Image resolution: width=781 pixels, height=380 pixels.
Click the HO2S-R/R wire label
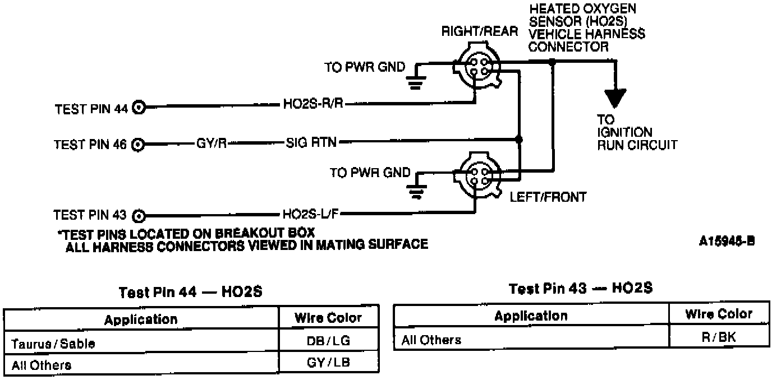point(312,104)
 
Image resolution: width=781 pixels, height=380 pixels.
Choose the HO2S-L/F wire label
point(310,214)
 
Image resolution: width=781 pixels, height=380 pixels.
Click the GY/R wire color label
point(212,142)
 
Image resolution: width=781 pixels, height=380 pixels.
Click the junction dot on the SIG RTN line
point(518,139)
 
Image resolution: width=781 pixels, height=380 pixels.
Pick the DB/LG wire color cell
point(328,341)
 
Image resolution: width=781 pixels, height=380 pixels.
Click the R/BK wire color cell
point(719,338)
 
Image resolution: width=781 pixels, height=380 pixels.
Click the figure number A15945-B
point(727,242)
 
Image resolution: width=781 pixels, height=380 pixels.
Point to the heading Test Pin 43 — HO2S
point(581,289)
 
